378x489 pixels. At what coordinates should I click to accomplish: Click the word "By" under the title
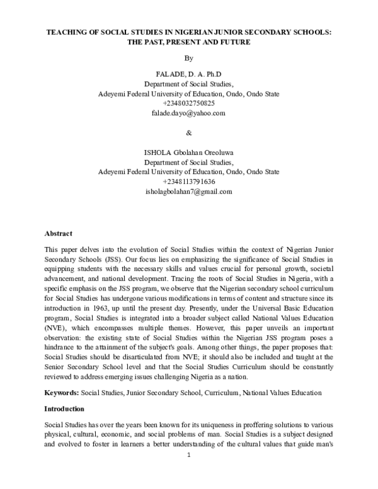click(x=188, y=58)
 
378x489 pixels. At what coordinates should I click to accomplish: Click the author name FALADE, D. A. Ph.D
click(x=188, y=74)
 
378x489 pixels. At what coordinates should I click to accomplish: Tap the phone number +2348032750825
click(x=188, y=103)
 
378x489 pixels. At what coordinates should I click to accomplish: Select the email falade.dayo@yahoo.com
click(x=188, y=113)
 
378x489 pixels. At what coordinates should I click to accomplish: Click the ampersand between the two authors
click(x=189, y=133)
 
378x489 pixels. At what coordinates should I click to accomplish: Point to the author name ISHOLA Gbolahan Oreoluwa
click(x=189, y=152)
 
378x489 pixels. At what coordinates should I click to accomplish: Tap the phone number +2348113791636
click(x=189, y=181)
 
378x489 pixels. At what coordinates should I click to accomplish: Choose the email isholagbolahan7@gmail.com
click(x=189, y=191)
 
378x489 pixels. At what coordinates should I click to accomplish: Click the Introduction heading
click(x=66, y=410)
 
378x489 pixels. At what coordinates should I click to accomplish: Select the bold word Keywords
click(x=61, y=393)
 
